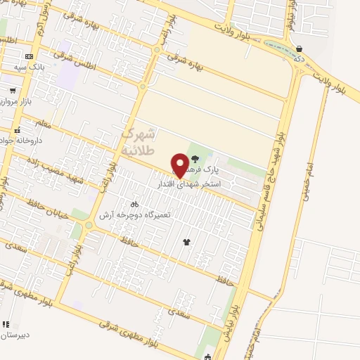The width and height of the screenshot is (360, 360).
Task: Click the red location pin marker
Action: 180,165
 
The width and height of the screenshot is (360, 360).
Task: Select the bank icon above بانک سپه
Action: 29,56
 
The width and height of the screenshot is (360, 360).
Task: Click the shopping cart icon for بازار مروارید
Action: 13,90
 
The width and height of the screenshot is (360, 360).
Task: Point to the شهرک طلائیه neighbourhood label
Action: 137,141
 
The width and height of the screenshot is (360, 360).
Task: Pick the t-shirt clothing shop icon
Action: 186,242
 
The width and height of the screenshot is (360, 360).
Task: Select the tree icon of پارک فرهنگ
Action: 195,158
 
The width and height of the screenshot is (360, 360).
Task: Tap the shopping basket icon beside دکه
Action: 300,49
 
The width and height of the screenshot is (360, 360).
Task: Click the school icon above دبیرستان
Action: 6,325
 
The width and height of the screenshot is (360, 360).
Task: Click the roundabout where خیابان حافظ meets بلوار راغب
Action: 89,226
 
